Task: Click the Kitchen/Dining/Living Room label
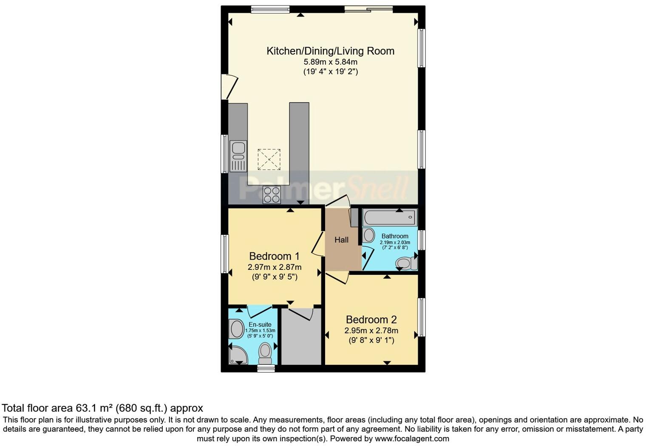pos(330,51)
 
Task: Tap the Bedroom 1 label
pos(274,256)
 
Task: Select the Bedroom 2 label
pos(371,320)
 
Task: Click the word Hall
pos(341,240)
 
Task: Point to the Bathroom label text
pos(395,236)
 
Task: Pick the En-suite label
pos(260,325)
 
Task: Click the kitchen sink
pos(238,156)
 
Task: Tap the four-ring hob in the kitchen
pos(272,195)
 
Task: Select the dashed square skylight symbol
pos(269,160)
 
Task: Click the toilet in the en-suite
pos(266,352)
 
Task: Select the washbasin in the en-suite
pos(236,329)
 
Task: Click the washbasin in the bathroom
pos(368,235)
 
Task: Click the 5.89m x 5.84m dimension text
pos(330,62)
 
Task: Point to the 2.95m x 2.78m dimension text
pos(371,331)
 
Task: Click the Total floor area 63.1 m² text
pos(102,408)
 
